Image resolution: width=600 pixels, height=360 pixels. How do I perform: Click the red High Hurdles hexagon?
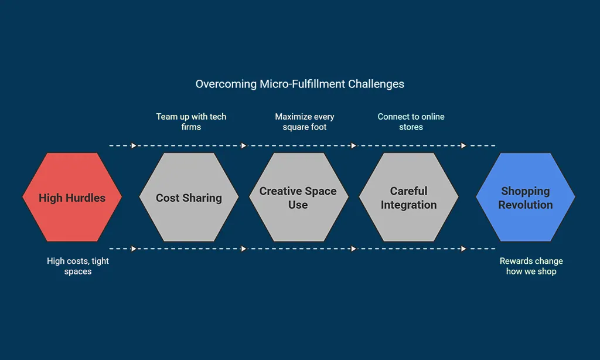tap(72, 197)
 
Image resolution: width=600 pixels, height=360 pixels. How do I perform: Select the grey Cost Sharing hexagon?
tap(189, 197)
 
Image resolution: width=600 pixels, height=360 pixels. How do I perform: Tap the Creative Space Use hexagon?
tap(298, 197)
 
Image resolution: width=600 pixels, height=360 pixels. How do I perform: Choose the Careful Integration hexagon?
tap(408, 197)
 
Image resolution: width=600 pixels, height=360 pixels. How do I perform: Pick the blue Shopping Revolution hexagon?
tap(526, 197)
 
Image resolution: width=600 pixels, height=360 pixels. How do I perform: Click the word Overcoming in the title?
tap(226, 84)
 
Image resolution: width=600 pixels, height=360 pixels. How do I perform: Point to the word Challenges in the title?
tap(376, 84)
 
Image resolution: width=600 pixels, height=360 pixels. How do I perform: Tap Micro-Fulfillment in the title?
tap(302, 84)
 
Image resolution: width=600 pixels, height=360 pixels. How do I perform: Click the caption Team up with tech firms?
tap(191, 122)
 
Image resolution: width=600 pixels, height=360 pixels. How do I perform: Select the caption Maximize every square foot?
tap(305, 122)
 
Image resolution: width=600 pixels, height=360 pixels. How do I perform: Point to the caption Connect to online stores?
tap(411, 122)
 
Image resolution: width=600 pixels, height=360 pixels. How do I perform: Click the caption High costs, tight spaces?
tap(78, 266)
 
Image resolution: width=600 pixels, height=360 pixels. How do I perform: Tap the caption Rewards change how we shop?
tap(531, 266)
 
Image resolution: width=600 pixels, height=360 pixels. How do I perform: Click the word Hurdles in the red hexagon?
tap(86, 198)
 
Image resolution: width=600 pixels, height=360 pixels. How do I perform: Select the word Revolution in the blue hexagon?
tap(526, 205)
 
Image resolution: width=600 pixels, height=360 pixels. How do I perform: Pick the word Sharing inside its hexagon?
tap(202, 198)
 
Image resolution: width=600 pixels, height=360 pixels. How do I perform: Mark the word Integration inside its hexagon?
tap(408, 205)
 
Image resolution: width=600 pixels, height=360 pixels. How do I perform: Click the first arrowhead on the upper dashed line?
tap(134, 145)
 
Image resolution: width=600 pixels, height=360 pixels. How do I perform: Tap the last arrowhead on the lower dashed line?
tap(463, 249)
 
